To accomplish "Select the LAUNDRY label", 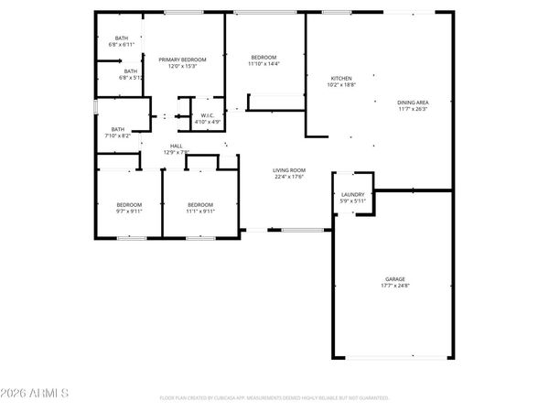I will point(353,194).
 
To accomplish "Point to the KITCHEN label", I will point(341,78).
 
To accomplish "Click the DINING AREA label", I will point(414,102).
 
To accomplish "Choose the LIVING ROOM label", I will point(289,169).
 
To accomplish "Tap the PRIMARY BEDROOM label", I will point(182,60).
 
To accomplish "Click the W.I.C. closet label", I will point(208,114).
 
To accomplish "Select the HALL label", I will point(175,146).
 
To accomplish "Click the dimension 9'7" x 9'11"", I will point(128,211).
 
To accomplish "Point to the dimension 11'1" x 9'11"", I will point(200,211).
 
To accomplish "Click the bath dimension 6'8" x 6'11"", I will point(121,44).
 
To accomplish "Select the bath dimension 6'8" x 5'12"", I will point(128,78).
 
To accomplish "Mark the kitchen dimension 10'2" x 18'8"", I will point(341,85).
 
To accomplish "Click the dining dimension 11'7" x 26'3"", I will point(414,109).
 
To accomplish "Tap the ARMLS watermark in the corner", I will point(36,394).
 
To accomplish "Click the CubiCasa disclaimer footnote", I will point(274,398).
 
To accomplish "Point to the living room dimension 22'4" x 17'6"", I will point(289,177).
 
